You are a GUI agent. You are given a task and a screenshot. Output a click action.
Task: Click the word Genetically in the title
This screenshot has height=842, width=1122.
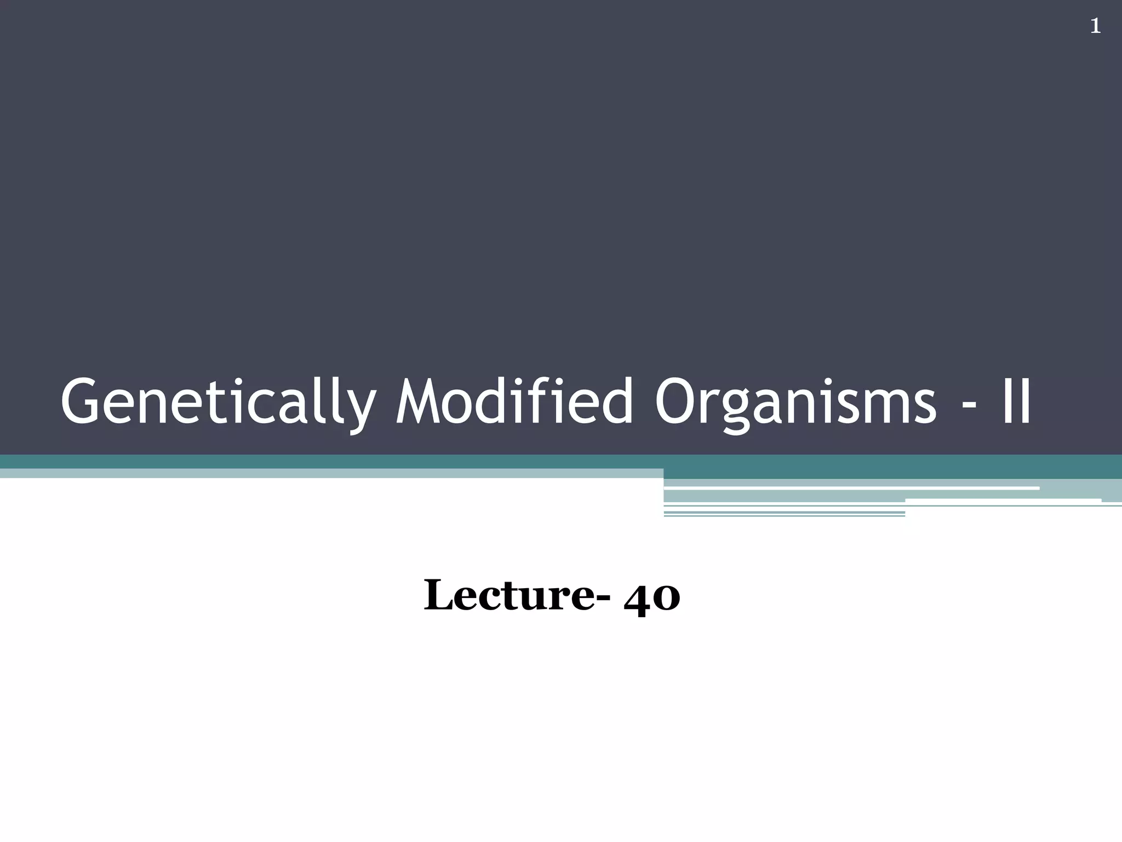click(x=216, y=402)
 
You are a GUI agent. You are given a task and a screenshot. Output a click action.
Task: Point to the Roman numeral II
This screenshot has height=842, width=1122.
click(x=1016, y=402)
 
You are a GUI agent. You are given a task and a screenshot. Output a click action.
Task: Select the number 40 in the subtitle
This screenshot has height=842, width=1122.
click(x=652, y=597)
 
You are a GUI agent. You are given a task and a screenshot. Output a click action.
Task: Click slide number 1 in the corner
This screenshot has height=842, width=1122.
click(x=1095, y=26)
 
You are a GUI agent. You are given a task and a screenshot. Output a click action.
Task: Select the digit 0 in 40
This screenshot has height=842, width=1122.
click(x=667, y=599)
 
